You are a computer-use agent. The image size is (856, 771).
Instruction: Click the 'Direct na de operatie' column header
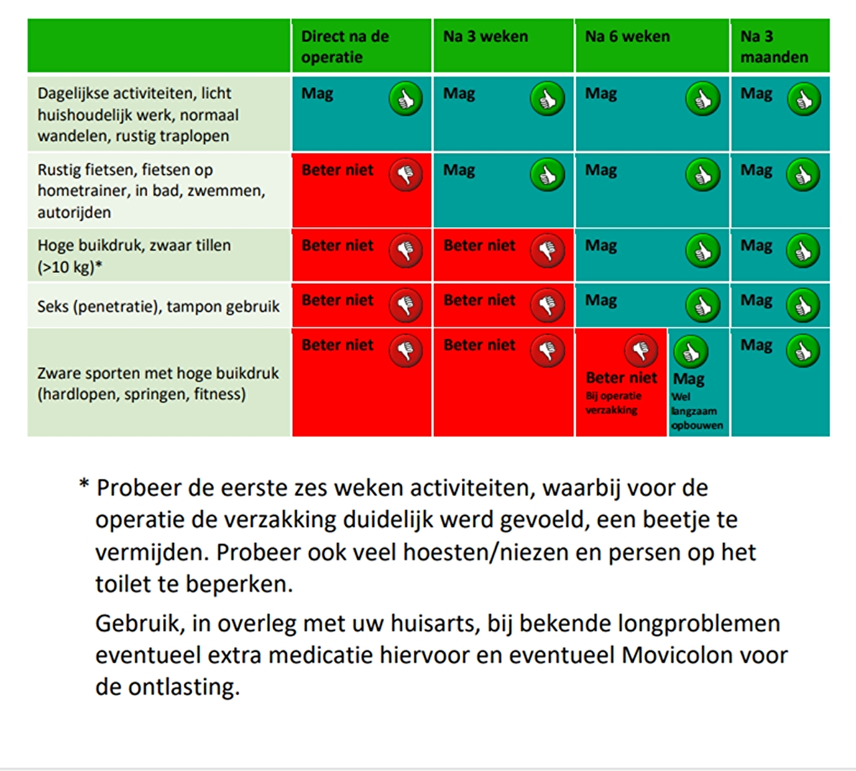coord(345,47)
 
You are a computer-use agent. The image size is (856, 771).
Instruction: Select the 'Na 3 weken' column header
coord(486,37)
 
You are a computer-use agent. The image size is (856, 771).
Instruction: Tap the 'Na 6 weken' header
coord(627,37)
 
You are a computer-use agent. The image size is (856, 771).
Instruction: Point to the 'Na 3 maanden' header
coord(774,47)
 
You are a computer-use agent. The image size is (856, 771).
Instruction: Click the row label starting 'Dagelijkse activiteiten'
coord(138,114)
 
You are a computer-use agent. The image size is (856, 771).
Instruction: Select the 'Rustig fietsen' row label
coord(151,191)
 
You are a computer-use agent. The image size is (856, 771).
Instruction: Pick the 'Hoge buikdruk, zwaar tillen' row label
coord(134,256)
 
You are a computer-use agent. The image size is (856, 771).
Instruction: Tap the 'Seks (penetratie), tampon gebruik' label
coord(158,306)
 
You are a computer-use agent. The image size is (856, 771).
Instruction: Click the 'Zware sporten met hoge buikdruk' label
coord(158,383)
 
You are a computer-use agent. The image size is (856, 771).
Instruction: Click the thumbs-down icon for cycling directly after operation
coord(405,175)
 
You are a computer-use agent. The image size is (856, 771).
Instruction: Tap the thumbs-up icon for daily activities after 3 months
coord(804,100)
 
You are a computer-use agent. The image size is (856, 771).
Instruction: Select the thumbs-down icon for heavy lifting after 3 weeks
coord(548,251)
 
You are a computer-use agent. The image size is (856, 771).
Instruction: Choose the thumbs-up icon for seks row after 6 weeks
coord(703,305)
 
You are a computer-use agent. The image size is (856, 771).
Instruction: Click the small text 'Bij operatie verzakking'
coord(613,403)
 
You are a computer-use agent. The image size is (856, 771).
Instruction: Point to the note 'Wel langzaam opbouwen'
coord(697,411)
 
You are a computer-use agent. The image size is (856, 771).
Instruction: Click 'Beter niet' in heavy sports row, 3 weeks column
coord(479,345)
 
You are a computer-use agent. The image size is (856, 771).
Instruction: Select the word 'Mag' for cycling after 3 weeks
coord(459,171)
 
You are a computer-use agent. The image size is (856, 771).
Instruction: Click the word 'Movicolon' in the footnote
coord(677,655)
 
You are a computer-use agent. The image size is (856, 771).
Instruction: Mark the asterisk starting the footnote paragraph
coord(84,485)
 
